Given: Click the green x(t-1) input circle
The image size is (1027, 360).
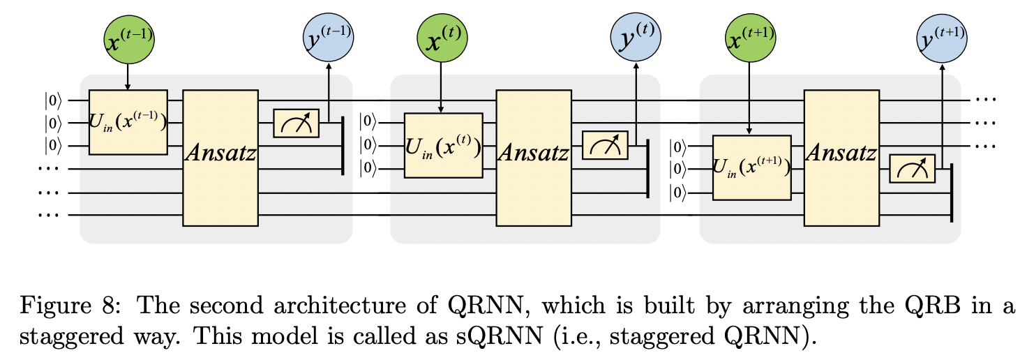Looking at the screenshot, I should tap(128, 40).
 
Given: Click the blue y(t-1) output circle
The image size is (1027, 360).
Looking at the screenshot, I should tap(328, 40).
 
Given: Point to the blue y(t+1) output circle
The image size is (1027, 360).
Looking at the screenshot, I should tap(943, 40).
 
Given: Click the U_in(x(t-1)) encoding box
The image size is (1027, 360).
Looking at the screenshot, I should tap(128, 122).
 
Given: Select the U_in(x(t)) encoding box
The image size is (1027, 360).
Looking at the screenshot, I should tap(441, 146).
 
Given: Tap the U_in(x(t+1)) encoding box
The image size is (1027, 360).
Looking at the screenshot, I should tap(751, 168).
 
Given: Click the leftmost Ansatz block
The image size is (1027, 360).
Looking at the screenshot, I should tap(220, 157).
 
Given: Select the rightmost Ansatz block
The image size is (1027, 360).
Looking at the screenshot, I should tap(841, 157).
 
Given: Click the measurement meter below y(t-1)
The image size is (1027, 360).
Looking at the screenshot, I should tap(296, 123).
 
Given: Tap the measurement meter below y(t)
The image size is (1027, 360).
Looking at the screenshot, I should tap(604, 146).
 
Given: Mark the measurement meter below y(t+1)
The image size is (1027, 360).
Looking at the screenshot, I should tap(912, 169).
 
